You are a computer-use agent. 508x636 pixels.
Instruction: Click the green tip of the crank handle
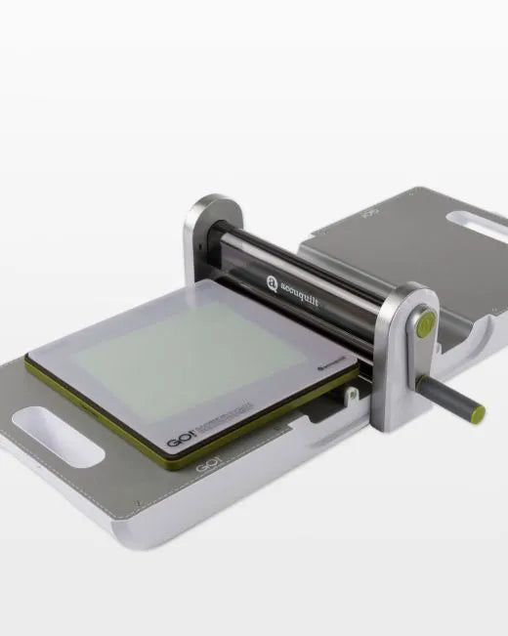coord(477,413)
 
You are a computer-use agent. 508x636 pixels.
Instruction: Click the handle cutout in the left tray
coord(63,442)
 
